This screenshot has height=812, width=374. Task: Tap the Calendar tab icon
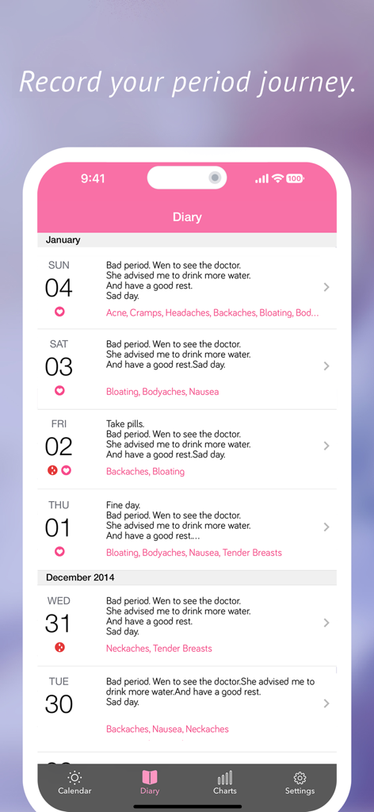(74, 778)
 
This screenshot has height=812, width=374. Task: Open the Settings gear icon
(300, 778)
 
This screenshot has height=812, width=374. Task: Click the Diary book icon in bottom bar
(150, 778)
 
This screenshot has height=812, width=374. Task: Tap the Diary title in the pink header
(187, 217)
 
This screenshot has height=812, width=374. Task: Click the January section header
(63, 239)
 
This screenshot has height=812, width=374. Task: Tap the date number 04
(59, 288)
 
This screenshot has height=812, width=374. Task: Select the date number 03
(59, 367)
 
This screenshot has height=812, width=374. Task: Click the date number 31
(58, 623)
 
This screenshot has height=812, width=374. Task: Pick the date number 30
(59, 704)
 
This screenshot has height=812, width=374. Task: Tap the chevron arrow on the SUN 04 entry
(326, 287)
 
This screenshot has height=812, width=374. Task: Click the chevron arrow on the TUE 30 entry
(326, 703)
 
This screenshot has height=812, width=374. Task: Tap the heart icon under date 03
(59, 391)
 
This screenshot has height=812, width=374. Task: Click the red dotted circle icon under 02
(52, 470)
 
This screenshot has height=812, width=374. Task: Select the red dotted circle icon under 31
(59, 648)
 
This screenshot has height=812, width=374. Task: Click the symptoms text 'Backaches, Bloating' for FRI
(145, 472)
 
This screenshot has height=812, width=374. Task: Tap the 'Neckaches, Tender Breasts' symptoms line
(159, 649)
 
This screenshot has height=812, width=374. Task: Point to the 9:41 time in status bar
(93, 178)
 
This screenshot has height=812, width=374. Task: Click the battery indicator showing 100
(295, 178)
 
